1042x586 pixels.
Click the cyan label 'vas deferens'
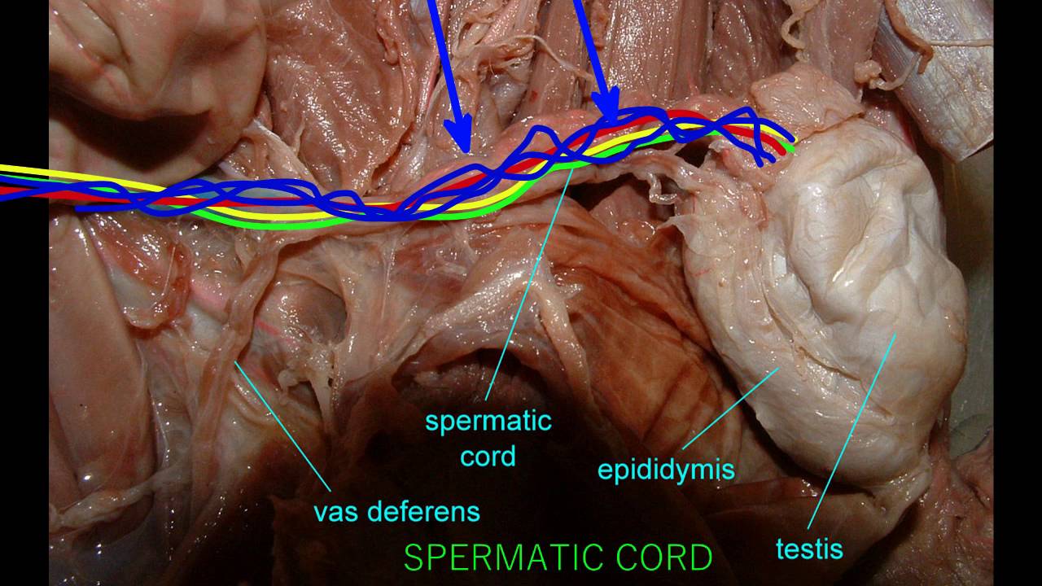396,512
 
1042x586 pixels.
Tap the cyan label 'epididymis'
666,470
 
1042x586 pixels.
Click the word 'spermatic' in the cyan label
488,422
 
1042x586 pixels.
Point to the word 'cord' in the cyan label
488,456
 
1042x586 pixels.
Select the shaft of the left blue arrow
444,65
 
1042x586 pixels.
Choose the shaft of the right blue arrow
590,49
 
